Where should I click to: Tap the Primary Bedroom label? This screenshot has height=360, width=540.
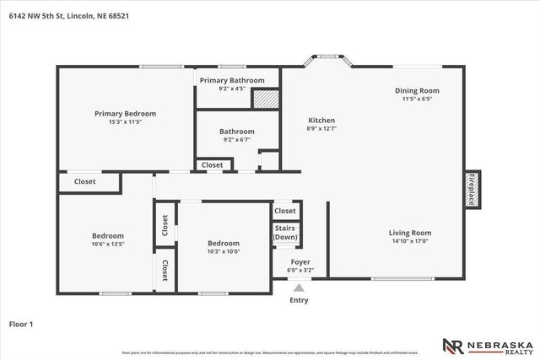point(125,113)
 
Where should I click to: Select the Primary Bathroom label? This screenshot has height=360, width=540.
point(231,81)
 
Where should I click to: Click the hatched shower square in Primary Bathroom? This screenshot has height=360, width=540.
point(266,97)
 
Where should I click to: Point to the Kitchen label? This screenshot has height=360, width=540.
point(321,121)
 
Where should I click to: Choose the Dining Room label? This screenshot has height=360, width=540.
point(417,91)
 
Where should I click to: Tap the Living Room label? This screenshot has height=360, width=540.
point(410,234)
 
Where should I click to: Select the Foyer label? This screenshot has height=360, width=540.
point(300,262)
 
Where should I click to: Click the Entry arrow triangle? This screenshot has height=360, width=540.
point(300,286)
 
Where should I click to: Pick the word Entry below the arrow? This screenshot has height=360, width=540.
point(300,300)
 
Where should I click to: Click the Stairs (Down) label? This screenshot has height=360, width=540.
point(285,233)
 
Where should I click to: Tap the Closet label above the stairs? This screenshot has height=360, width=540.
point(285,211)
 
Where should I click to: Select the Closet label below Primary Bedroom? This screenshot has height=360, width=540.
point(84,181)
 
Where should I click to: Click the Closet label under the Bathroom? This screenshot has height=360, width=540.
point(213,165)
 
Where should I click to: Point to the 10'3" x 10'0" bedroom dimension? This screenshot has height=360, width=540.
point(224,251)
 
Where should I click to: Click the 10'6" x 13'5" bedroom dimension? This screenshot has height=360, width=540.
point(108,244)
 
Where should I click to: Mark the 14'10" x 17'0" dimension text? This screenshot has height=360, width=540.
point(410,242)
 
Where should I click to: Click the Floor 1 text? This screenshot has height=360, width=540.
point(21,323)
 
